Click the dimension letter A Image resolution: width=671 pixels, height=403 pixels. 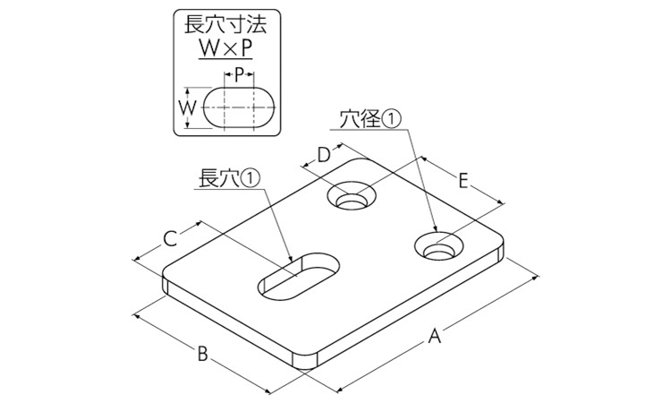(x=434, y=336)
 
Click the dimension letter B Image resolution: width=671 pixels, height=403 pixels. (x=202, y=354)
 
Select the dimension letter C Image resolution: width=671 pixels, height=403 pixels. (x=170, y=239)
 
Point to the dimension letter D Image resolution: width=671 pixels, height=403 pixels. (x=324, y=155)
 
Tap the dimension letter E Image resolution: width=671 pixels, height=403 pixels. (x=463, y=181)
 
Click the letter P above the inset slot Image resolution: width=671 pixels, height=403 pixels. (x=239, y=76)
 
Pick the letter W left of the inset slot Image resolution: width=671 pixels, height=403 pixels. (x=188, y=107)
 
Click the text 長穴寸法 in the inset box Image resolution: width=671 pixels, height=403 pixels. (x=225, y=24)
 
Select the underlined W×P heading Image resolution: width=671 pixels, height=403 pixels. (x=225, y=49)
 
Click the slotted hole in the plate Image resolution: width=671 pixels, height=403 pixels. (x=299, y=275)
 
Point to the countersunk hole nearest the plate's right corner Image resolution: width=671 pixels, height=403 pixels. (x=439, y=247)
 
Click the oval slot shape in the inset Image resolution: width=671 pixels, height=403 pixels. (x=239, y=107)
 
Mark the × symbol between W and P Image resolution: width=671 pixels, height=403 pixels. (x=225, y=49)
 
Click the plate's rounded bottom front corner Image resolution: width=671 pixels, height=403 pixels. (x=305, y=361)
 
